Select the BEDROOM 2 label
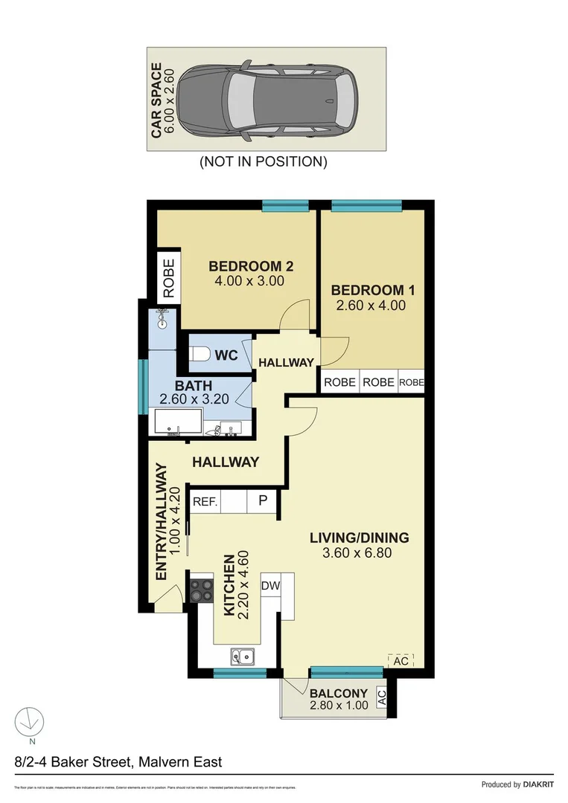point(245,266)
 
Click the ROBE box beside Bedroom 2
point(168,277)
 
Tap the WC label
point(226,355)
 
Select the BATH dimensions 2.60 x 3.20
point(194,400)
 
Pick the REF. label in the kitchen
point(205,502)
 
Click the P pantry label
point(263,501)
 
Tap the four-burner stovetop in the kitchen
point(201,591)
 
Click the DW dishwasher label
point(270,586)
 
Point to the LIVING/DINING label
point(360,538)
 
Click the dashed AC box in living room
point(400,660)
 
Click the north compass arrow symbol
point(28,720)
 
